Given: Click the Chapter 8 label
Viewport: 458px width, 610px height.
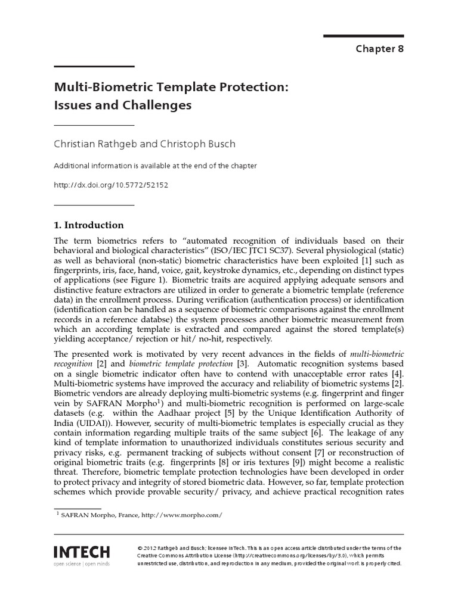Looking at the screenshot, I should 379,49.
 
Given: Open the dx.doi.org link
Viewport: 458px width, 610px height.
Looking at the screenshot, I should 112,185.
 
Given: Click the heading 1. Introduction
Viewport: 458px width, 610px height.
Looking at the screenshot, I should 89,225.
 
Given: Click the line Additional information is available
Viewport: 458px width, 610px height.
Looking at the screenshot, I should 155,166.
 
